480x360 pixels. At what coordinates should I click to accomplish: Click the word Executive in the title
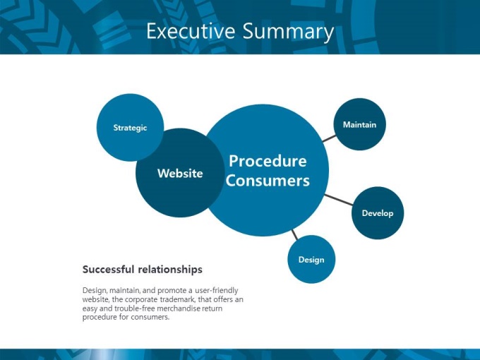pos(191,31)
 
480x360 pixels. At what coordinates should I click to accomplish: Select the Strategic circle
pos(130,127)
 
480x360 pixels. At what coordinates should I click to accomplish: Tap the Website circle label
pos(180,173)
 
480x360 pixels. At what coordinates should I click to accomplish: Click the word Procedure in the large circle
pos(268,161)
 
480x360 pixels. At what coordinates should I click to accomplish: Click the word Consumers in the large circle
pos(268,180)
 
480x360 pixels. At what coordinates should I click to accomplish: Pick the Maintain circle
pos(359,124)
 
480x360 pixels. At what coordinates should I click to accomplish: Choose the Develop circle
pos(378,213)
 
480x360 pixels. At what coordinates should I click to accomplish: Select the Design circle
pos(311,259)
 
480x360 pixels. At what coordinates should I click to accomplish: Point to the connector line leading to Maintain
pos(329,138)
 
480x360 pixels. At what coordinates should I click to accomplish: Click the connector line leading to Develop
pos(339,200)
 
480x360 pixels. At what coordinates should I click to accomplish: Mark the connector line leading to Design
pos(294,235)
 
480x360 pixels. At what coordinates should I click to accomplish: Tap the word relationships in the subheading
pos(170,270)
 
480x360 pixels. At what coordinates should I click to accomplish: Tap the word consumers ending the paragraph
pos(150,317)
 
